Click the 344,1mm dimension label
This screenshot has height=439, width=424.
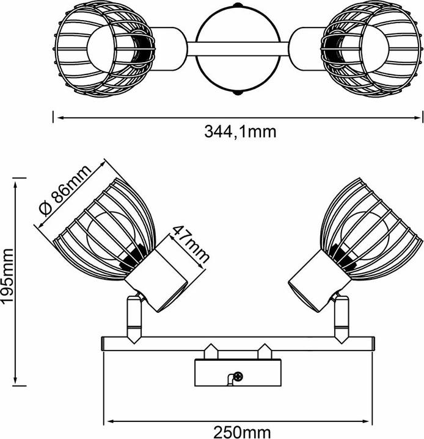tap(240, 131)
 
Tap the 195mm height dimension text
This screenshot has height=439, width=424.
tap(7, 275)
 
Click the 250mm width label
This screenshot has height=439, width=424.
tap(242, 432)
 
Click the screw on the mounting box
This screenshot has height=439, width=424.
tap(238, 376)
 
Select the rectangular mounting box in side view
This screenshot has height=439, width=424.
tap(238, 373)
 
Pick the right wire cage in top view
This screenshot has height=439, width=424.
tap(371, 51)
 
